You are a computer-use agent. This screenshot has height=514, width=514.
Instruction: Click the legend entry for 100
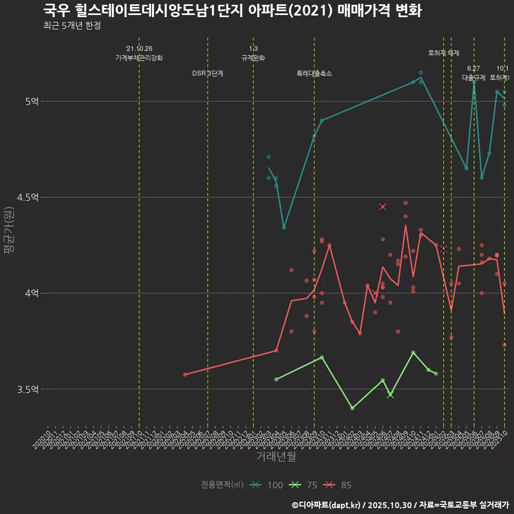[267, 485]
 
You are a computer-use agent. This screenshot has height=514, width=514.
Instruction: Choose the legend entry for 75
[303, 485]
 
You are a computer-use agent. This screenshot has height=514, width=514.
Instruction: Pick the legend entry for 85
[338, 485]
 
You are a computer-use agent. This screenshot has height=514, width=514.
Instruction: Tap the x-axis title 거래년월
[276, 457]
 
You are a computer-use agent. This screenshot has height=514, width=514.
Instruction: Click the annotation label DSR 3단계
[208, 73]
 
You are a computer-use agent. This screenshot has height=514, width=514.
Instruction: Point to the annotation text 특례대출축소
[314, 73]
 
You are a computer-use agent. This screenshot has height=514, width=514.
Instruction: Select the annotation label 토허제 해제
[444, 53]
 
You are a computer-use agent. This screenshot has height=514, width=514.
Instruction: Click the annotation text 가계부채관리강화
[139, 58]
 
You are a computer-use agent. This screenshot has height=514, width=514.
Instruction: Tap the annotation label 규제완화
[253, 58]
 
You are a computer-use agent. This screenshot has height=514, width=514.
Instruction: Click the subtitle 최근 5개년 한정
[72, 25]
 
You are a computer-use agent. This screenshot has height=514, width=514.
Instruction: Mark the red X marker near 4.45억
[383, 207]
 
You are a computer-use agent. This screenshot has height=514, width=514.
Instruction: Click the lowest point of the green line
[352, 408]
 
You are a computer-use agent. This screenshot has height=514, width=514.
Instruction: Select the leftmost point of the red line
[185, 374]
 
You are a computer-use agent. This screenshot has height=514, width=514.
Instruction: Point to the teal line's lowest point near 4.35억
[284, 228]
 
